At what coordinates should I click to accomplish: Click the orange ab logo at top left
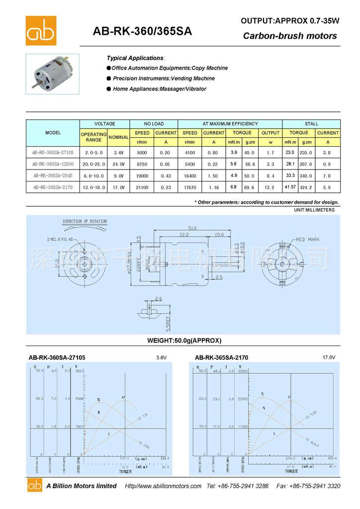tap(41, 30)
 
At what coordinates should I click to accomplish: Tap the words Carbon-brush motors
tap(290, 36)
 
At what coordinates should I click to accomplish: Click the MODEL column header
tap(53, 133)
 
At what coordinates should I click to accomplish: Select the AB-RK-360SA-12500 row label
tap(53, 164)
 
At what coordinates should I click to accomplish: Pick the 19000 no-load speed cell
tap(142, 175)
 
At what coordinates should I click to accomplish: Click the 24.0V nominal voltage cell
tap(118, 164)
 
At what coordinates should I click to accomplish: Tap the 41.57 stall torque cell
tap(290, 187)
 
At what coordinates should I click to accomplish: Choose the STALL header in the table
tap(312, 124)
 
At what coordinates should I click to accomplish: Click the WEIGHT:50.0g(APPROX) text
tap(184, 340)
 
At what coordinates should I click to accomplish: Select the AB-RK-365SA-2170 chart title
tap(221, 357)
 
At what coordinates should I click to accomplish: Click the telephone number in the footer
tap(238, 486)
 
